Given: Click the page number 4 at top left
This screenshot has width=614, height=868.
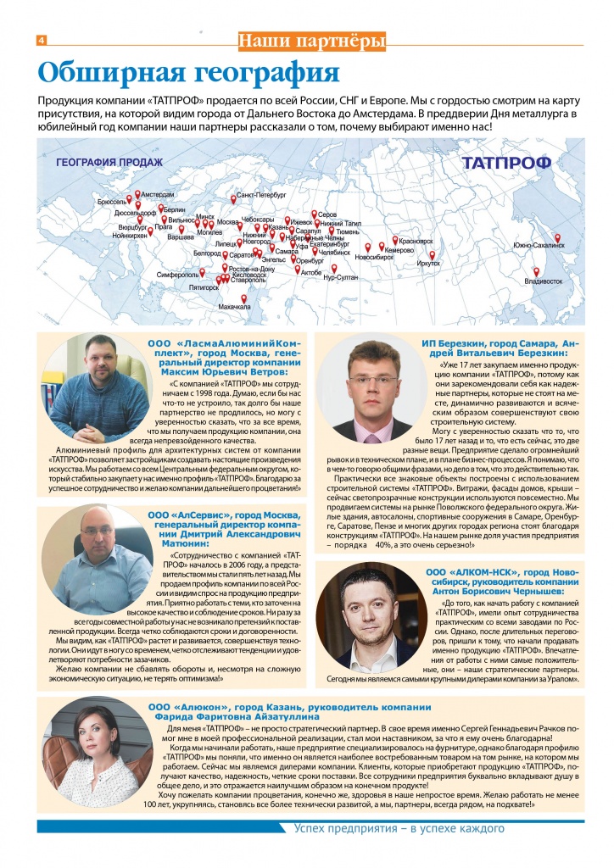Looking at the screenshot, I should click(x=41, y=41).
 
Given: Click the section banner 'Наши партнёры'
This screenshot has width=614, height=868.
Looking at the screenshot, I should click(x=312, y=40).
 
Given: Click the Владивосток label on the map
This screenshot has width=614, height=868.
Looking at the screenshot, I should click(x=544, y=281).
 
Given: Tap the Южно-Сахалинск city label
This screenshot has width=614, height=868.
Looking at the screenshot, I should click(x=539, y=246).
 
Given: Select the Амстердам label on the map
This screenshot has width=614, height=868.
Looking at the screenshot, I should click(x=158, y=194).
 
